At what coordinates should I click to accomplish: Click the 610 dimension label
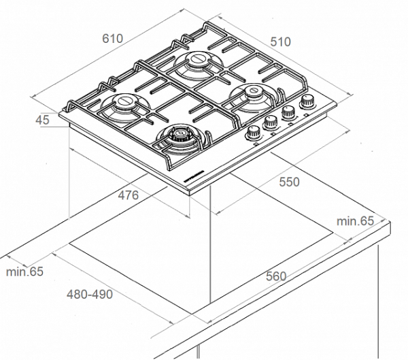[x=113, y=38]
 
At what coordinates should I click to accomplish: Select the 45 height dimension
[x=42, y=120]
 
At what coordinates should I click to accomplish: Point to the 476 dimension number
[x=127, y=195]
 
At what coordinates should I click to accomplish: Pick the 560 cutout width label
[x=275, y=276]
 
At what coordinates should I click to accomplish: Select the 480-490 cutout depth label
[x=90, y=295]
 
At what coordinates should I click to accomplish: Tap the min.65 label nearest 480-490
[x=24, y=272]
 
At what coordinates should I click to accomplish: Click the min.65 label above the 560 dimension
[x=356, y=220]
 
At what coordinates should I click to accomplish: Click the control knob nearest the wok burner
[x=256, y=133]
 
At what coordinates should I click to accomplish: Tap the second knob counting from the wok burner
[x=271, y=123]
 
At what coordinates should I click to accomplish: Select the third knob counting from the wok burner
[x=288, y=113]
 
